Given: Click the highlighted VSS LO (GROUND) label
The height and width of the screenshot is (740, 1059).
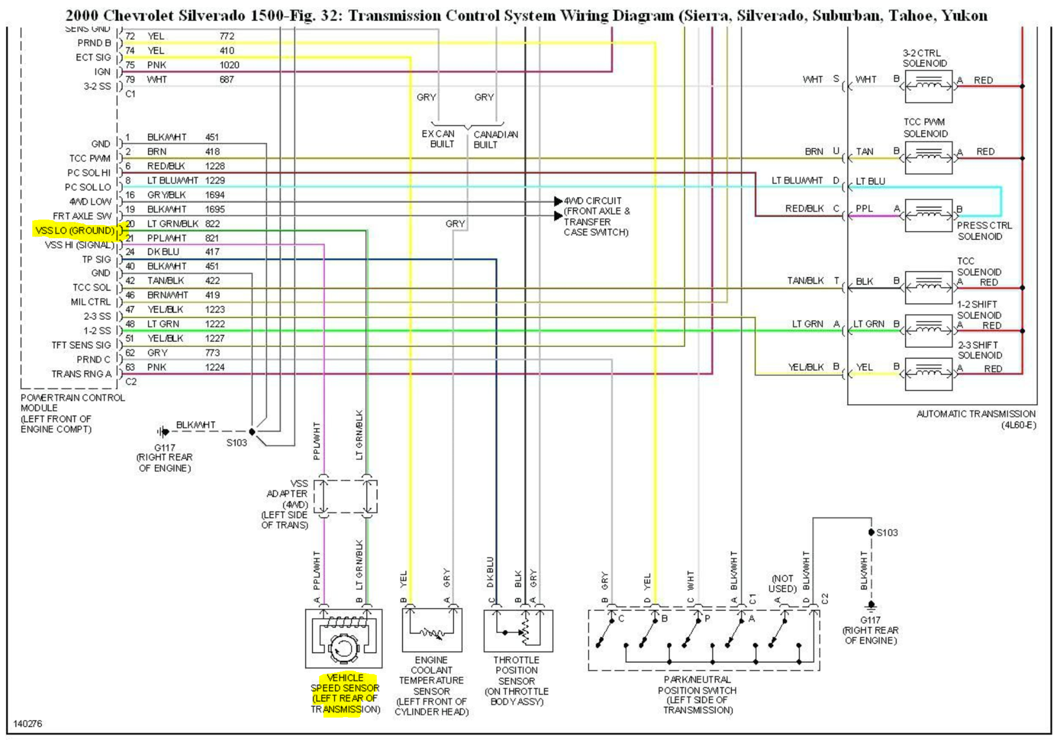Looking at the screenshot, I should tap(75, 231).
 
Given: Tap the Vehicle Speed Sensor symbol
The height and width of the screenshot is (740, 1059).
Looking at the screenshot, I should tap(344, 638).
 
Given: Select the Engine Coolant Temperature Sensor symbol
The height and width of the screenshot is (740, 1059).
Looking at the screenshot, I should tap(432, 630).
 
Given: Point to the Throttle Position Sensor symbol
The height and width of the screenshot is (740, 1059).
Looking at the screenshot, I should tap(518, 631).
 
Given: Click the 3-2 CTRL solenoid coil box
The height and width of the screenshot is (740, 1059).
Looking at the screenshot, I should tap(929, 86).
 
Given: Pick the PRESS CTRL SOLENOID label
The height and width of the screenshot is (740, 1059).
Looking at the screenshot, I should tap(984, 231).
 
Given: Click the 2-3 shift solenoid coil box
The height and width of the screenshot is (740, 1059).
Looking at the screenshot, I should tap(929, 374).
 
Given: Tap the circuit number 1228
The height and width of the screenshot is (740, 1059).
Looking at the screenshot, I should tap(214, 166).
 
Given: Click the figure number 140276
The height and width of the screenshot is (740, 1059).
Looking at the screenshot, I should tap(28, 724).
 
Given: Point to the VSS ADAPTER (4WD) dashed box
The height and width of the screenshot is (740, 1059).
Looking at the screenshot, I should tap(345, 497).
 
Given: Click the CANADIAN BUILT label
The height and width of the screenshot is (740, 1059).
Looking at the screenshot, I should tap(496, 140).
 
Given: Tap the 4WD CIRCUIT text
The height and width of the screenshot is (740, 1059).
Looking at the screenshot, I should tap(592, 201).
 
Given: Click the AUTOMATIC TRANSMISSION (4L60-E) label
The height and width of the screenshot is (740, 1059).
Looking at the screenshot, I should tap(975, 419).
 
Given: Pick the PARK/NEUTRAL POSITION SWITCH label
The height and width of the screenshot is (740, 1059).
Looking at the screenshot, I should tap(697, 694).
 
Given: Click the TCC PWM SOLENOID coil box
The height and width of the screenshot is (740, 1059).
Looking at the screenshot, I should tap(929, 158).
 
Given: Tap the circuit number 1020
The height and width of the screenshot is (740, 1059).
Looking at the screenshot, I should tap(229, 65).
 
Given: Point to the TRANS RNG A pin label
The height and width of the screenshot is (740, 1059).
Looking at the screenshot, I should tap(82, 374).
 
